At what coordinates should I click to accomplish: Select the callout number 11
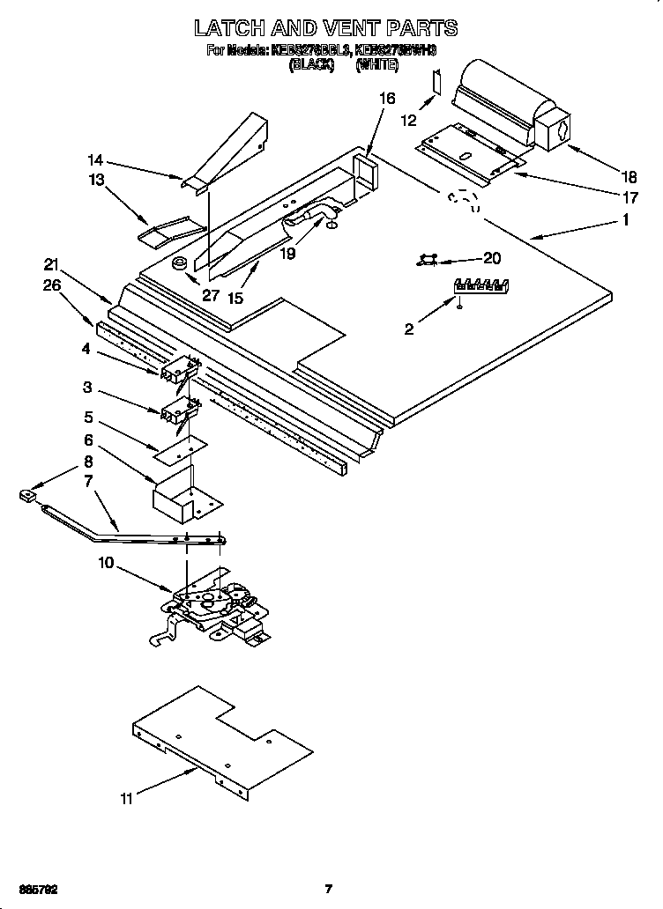point(129,798)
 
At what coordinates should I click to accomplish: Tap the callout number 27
point(210,295)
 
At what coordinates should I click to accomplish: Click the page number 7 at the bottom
point(328,889)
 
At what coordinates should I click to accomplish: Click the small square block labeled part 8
point(27,498)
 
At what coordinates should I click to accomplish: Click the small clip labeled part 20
point(428,258)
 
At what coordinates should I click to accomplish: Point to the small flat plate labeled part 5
point(181,449)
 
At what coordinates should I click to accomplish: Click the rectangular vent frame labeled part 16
point(363,173)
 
